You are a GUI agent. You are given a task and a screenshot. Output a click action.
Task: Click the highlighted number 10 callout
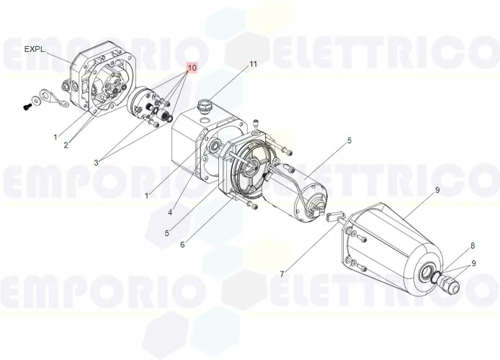192,68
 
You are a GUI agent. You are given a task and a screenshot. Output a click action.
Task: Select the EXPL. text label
35,50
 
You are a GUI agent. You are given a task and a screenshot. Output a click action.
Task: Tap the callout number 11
253,64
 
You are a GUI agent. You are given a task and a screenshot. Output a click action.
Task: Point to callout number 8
473,246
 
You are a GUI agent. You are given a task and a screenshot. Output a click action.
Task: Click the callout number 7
282,274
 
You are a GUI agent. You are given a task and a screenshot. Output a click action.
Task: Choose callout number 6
182,244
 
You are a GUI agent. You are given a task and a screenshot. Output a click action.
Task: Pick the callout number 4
170,212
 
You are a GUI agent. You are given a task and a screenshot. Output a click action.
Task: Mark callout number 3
96,163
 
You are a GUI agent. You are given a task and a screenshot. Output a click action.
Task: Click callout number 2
66,145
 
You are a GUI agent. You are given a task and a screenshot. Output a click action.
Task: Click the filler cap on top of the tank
203,106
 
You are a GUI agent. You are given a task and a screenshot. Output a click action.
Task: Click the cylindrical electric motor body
295,189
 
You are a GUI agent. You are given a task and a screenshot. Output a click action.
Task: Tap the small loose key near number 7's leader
333,216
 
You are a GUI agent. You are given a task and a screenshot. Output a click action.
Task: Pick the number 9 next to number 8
473,264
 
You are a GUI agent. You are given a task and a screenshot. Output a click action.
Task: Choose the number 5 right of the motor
349,140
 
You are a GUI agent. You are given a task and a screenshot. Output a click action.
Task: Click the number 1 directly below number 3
146,195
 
